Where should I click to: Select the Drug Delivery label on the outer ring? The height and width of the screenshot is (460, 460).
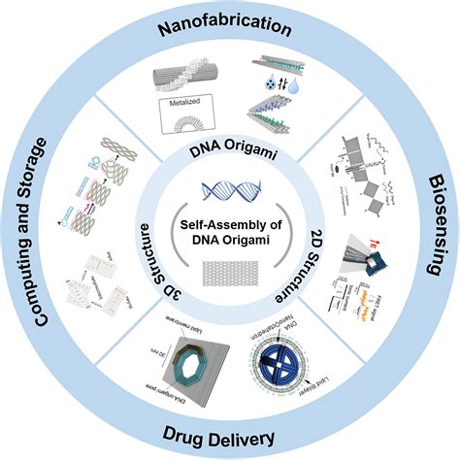[x=230, y=437]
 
